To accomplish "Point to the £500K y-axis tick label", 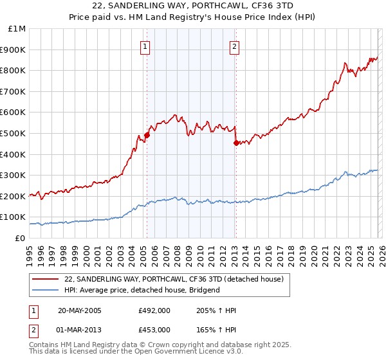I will (x=14, y=133).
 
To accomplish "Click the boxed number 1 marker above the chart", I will (x=145, y=46).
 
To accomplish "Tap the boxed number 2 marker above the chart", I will (x=235, y=46).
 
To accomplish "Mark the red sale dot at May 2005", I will (x=147, y=135).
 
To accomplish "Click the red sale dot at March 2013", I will (x=235, y=143).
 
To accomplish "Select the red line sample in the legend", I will (x=46, y=280).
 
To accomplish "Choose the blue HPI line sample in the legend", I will (x=46, y=290).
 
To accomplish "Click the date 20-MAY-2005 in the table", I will (x=79, y=311).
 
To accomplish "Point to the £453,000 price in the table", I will (x=154, y=329).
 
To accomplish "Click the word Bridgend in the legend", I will (x=205, y=290).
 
